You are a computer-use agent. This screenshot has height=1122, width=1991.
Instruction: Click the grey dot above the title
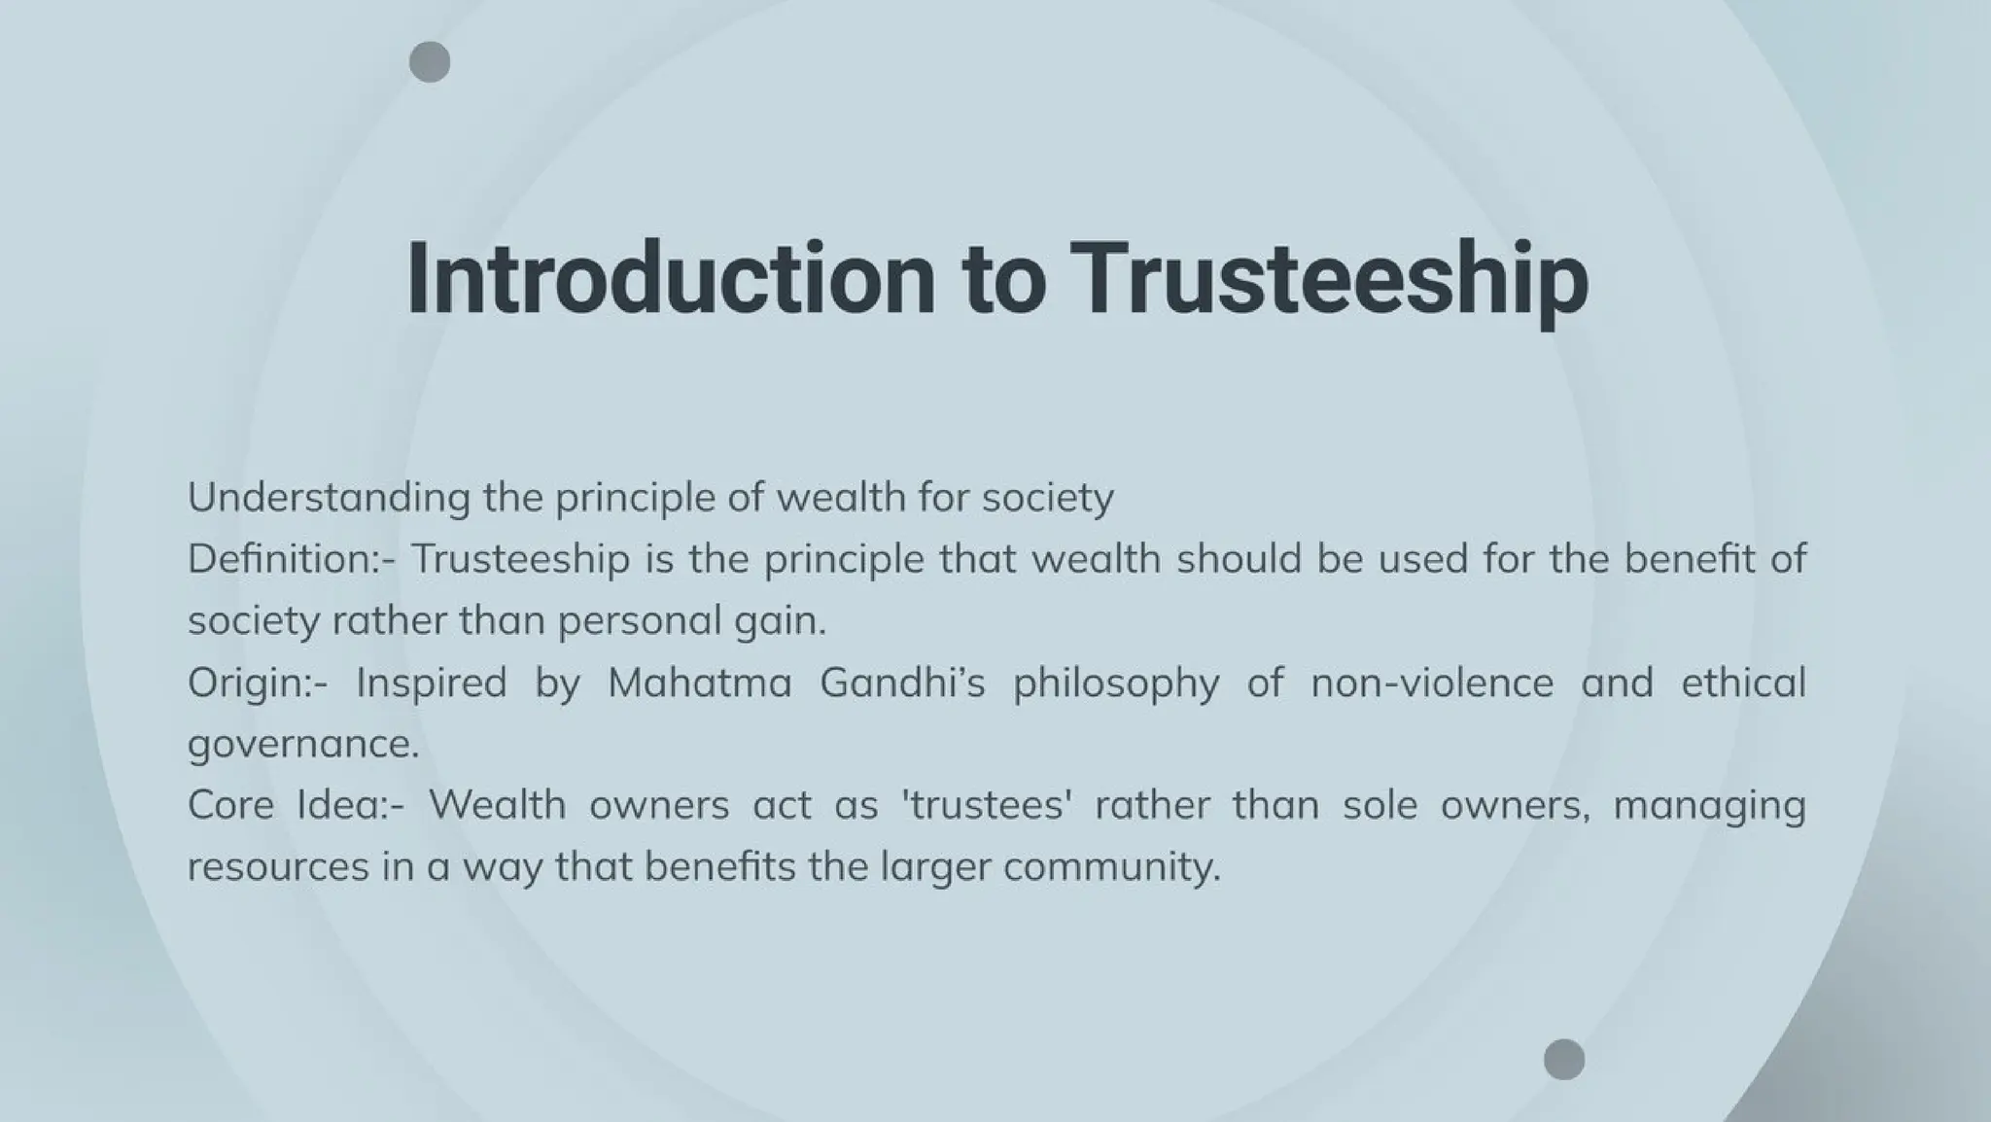[430, 62]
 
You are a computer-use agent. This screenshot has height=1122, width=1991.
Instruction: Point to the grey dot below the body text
[1564, 1059]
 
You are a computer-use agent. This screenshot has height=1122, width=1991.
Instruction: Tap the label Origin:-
[259, 683]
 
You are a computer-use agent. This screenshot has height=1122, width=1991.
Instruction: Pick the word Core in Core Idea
[230, 805]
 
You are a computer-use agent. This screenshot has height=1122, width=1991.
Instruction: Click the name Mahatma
[700, 683]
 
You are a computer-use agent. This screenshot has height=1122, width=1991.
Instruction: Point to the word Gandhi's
[902, 683]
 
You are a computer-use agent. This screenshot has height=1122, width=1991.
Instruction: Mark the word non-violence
[1431, 683]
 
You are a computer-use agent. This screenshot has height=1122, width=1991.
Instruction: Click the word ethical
[1743, 683]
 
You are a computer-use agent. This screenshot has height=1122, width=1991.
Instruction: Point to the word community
[1111, 867]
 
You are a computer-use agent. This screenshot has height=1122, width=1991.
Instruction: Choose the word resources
[278, 867]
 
